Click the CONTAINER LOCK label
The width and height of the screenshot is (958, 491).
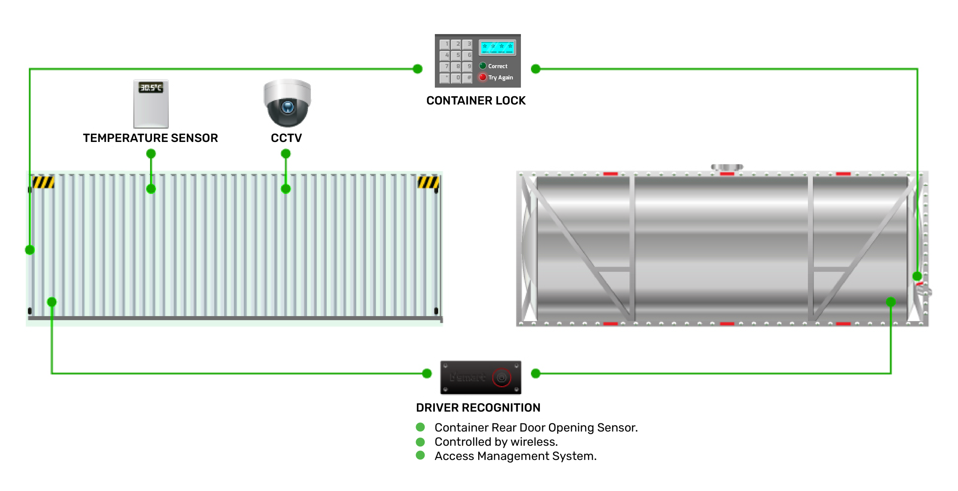click(476, 101)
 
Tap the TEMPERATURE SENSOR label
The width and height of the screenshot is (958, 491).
click(150, 138)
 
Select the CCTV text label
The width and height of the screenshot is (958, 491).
click(286, 138)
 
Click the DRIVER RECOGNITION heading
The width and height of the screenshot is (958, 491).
click(478, 407)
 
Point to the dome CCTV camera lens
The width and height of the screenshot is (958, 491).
click(288, 107)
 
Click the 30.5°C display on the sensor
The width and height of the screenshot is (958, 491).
click(151, 88)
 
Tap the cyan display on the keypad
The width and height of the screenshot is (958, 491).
click(497, 48)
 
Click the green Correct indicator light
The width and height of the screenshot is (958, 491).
click(483, 66)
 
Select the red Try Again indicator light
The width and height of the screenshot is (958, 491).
click(483, 77)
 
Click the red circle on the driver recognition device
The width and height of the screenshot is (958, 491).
click(501, 378)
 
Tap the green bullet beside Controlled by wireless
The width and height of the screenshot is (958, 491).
click(420, 442)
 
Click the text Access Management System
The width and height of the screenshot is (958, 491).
click(515, 456)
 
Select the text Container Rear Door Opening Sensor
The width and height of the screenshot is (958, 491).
click(536, 428)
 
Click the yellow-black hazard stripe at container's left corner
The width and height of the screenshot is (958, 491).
click(43, 182)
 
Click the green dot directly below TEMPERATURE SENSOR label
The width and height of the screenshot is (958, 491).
click(151, 154)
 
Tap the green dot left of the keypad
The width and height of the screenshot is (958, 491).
click(418, 69)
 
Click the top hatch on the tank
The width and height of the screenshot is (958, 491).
click(727, 167)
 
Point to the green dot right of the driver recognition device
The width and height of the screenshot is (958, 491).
click(536, 373)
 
